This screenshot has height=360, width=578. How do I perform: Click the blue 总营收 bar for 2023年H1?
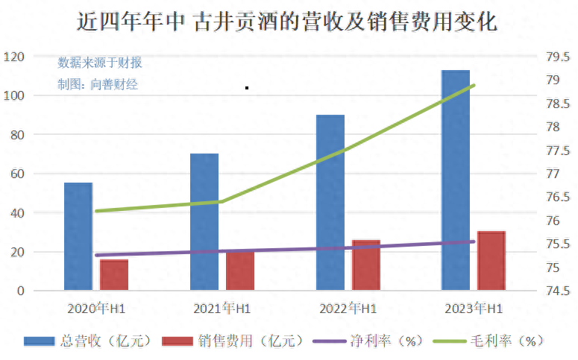pos(456,180)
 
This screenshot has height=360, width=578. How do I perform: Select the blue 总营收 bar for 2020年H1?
pos(78,236)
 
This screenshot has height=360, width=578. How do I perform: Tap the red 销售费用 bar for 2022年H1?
pos(366,265)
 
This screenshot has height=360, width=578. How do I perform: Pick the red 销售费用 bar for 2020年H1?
pos(114,274)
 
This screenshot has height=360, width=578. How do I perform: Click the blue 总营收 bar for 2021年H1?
pos(204,221)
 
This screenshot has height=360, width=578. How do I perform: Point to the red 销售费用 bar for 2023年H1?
pos(491,260)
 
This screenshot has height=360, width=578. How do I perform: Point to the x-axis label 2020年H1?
pos(96,309)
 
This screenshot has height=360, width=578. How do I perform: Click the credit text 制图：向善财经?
pos(98,84)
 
